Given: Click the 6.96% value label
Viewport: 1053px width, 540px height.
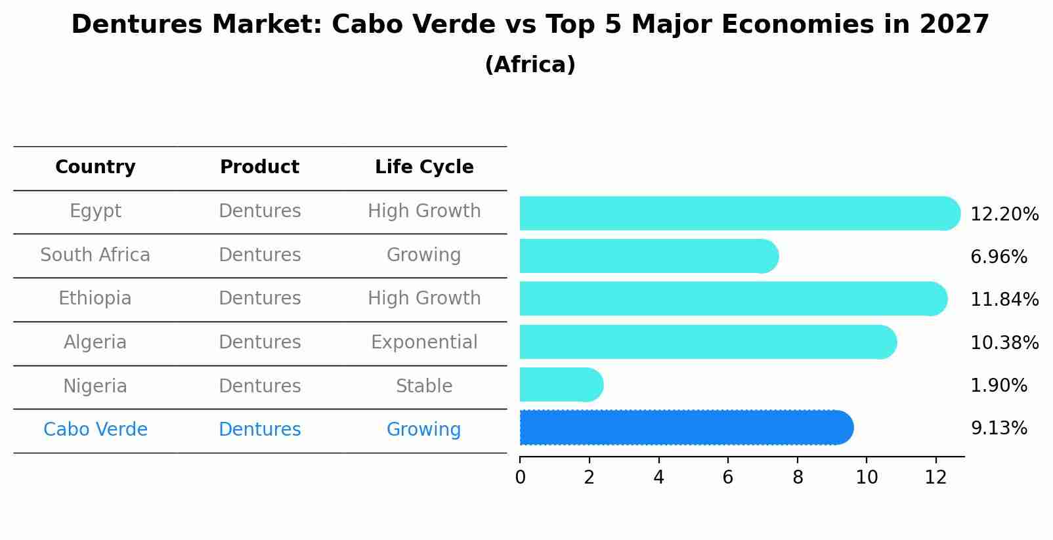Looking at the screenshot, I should click(999, 257).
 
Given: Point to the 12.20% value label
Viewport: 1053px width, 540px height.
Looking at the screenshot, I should click(1004, 215).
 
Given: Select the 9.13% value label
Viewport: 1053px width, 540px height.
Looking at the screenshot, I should click(999, 428).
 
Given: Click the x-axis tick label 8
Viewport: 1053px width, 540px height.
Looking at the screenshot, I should click(798, 478).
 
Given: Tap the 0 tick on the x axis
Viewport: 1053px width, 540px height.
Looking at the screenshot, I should click(520, 478).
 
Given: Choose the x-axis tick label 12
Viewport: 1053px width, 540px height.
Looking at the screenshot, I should click(935, 478).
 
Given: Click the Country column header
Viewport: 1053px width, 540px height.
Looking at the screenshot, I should click(95, 167).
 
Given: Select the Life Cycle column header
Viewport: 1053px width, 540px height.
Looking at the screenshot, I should click(424, 167).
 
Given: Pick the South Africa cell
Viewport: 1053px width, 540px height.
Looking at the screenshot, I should click(95, 255).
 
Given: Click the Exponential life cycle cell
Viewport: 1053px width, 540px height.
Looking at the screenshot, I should click(424, 343).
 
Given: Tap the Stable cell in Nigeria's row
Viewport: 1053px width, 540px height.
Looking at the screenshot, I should click(424, 386).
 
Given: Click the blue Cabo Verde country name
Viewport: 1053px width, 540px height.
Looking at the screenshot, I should click(95, 430).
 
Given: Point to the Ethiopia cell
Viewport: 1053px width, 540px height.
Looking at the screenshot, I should click(95, 299).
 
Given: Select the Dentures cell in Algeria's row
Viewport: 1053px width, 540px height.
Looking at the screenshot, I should click(259, 343).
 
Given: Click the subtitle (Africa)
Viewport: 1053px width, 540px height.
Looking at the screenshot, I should click(530, 65).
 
